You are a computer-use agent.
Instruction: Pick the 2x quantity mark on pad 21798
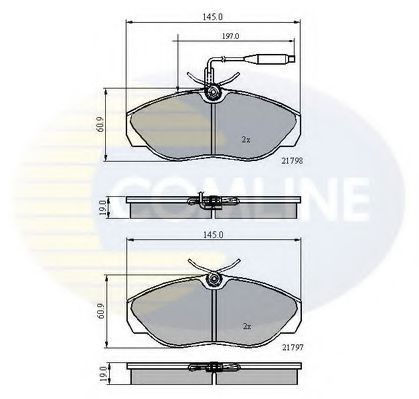245,138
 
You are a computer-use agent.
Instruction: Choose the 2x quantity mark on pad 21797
245,326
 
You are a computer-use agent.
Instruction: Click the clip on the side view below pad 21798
211,206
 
